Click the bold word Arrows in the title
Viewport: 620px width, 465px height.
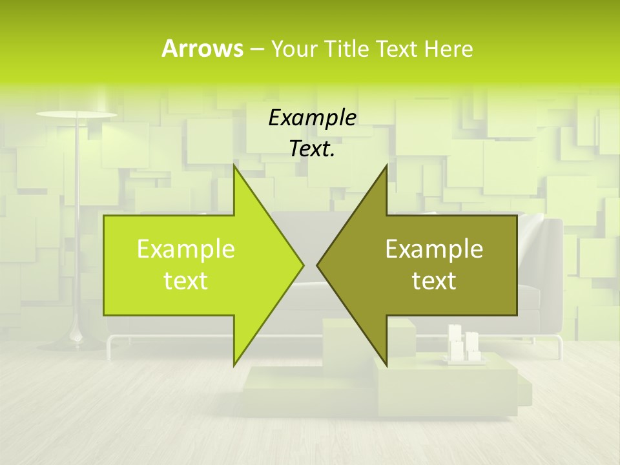pos(202,48)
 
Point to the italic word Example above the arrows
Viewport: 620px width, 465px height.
pos(312,118)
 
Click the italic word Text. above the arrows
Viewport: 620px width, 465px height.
pos(312,149)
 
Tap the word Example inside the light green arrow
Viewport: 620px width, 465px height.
pos(186,249)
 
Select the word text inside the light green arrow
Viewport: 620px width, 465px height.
pos(186,281)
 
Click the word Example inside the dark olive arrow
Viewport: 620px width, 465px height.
pos(434,249)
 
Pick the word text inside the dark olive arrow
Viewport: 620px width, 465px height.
pos(434,281)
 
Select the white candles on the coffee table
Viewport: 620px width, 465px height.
pos(464,342)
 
